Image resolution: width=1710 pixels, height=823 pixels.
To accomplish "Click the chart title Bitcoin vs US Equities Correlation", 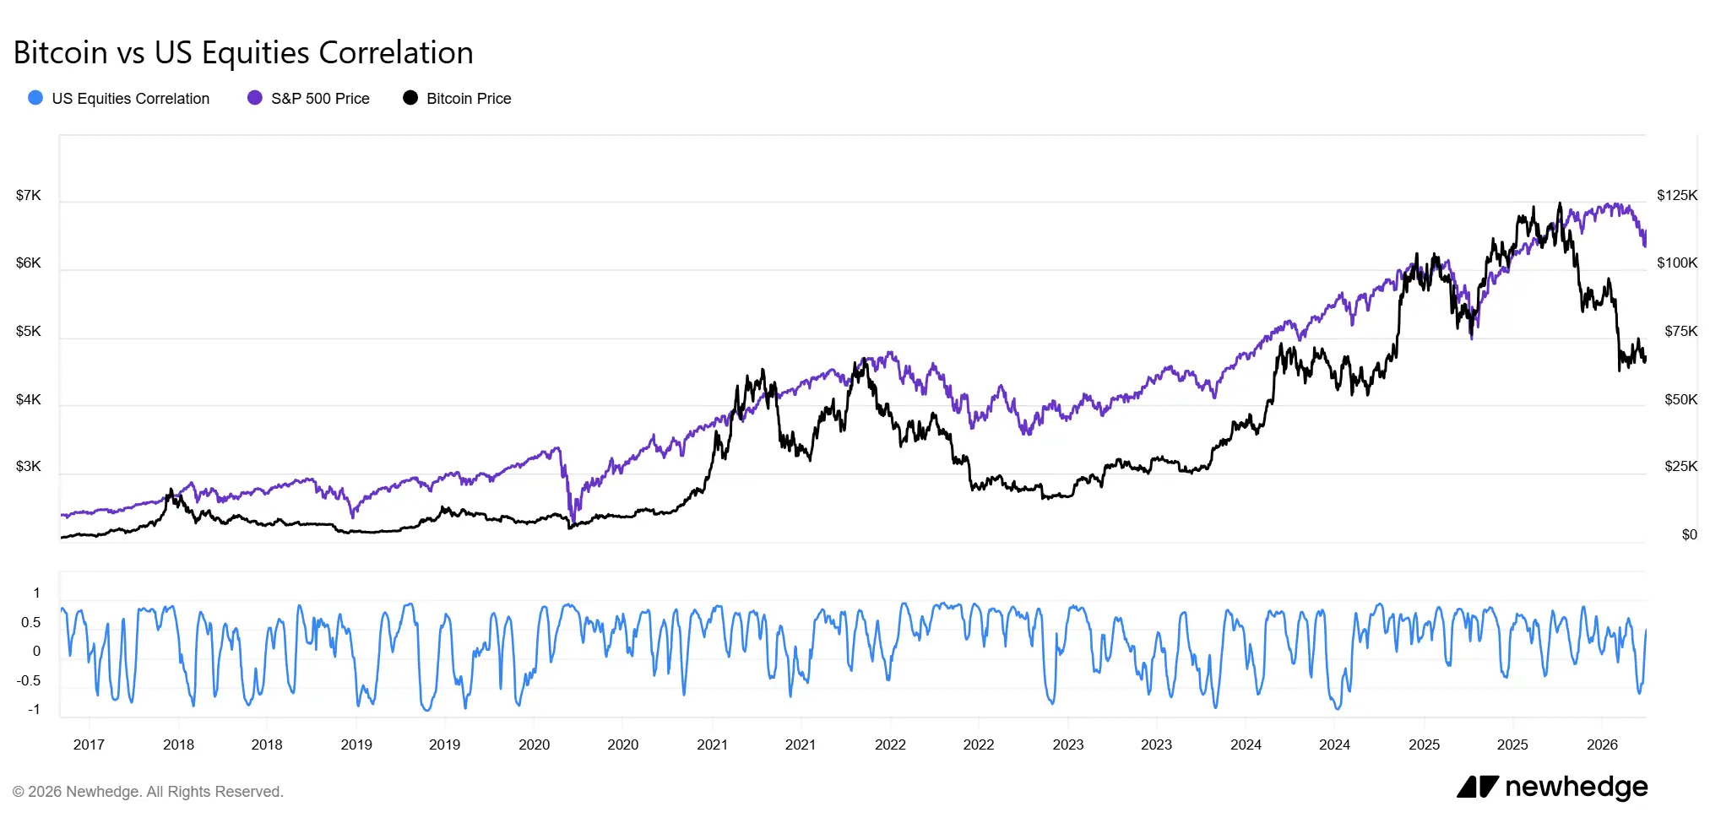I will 243,52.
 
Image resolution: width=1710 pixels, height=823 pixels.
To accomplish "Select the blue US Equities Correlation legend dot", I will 35,98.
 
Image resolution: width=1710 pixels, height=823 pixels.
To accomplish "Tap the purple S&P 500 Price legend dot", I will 254,98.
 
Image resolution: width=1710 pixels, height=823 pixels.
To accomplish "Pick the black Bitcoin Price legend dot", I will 410,98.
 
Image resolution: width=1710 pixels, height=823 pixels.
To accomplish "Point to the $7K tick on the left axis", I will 28,196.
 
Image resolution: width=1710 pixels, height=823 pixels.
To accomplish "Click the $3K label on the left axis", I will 28,467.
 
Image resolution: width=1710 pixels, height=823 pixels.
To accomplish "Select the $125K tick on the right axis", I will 1676,196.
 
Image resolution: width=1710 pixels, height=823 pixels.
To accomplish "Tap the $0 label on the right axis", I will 1689,535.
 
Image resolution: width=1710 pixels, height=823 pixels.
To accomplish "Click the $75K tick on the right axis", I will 1680,332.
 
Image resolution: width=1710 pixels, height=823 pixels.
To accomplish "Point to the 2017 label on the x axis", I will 89,744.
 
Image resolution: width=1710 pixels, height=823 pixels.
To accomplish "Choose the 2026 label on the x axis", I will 1602,744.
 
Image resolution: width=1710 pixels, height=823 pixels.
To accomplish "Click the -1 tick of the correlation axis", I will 34,710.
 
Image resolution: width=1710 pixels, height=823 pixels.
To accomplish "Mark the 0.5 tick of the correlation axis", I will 30,623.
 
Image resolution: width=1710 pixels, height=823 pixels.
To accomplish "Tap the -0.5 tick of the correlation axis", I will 29,681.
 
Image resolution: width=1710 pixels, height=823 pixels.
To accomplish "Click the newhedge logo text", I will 1575,787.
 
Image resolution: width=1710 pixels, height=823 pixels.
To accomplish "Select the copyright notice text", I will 148,792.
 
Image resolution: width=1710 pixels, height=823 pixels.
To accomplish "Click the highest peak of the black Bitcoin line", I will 1560,203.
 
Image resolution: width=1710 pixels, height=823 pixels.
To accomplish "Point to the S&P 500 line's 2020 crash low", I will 573,521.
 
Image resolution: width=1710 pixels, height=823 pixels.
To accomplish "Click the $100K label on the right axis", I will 1676,263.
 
